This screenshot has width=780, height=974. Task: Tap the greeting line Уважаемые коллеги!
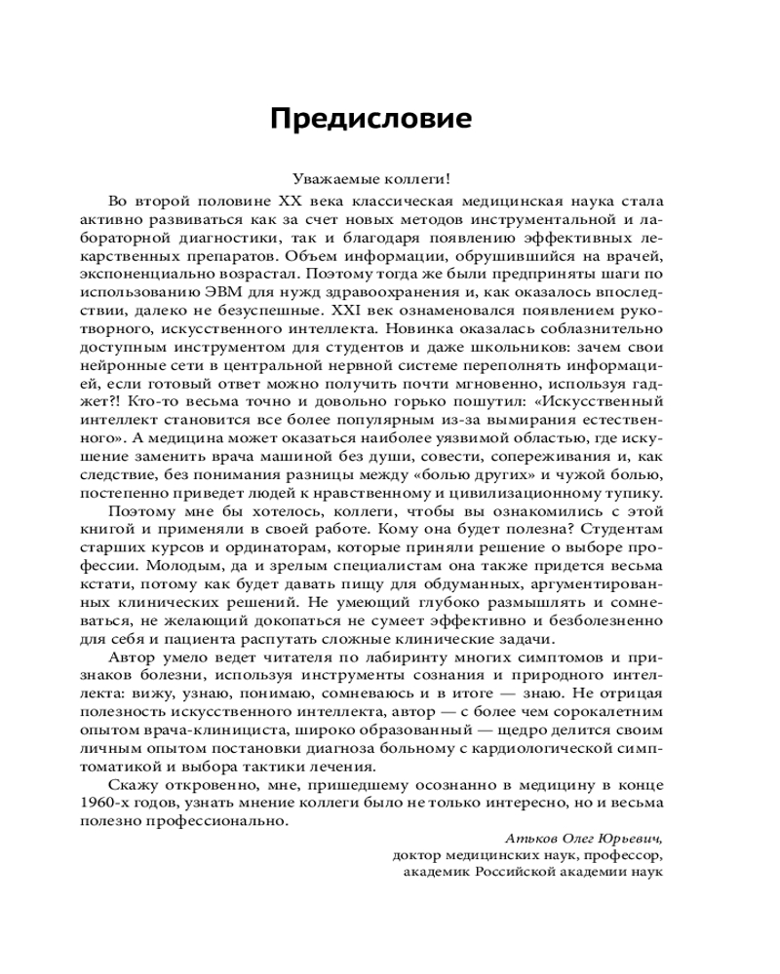[x=370, y=178]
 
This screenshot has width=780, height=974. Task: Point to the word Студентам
[x=625, y=527]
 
